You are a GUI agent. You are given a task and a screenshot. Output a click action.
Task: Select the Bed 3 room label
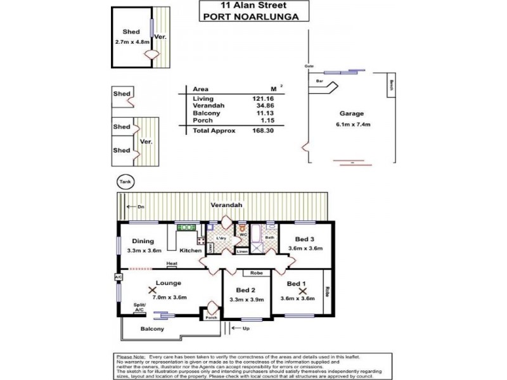click(x=305, y=239)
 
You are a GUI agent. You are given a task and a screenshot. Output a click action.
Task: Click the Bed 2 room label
click(x=238, y=289)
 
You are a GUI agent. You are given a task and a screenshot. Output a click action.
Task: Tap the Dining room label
click(x=143, y=241)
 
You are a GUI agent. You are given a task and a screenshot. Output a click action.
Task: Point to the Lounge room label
click(x=169, y=282)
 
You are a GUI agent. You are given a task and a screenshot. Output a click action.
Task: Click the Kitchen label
click(x=190, y=251)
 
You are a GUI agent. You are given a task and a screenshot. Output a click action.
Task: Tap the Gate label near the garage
click(x=309, y=66)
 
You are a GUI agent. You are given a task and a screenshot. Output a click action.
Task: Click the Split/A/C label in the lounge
click(x=139, y=308)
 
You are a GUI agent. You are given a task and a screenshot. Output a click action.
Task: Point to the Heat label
click(x=171, y=263)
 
